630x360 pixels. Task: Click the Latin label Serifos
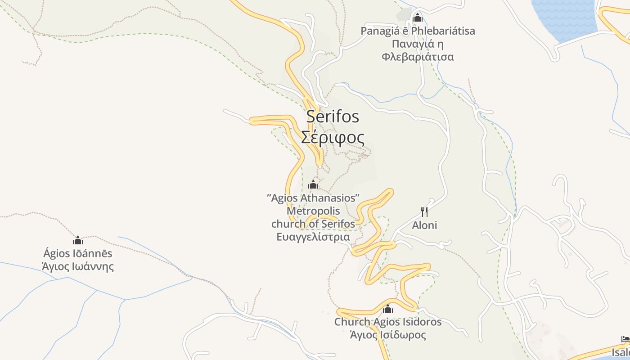[333, 117]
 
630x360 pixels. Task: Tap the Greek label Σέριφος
[333, 137]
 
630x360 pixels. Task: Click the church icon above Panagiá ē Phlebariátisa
[418, 18]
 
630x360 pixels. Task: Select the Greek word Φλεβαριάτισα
[418, 57]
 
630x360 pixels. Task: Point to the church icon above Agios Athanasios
[313, 184]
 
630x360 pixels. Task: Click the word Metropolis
[313, 211]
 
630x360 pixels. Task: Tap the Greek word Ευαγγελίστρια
[313, 237]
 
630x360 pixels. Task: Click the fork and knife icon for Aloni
[424, 211]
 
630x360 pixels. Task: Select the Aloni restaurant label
[424, 225]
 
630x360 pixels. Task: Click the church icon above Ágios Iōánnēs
[78, 240]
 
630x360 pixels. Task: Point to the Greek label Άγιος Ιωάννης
[78, 266]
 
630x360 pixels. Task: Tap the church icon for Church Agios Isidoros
[388, 309]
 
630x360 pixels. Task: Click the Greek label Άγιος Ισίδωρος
[388, 335]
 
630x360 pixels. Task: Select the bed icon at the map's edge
[625, 339]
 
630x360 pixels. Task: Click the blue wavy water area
[565, 18]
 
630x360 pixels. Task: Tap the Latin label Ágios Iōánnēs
[78, 253]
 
